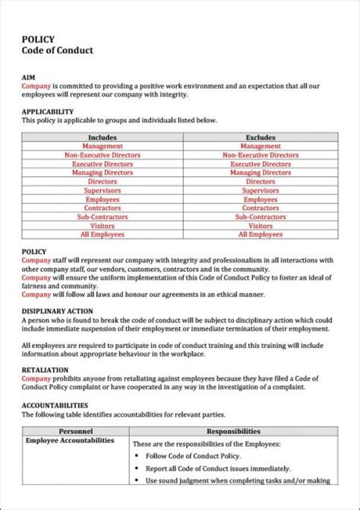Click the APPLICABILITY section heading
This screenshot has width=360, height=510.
point(47,112)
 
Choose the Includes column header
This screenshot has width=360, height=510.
point(102,137)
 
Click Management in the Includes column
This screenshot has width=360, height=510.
point(102,146)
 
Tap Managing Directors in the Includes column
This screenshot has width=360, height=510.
point(102,173)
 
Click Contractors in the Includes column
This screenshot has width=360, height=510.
point(102,208)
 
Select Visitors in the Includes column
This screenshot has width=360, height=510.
point(102,226)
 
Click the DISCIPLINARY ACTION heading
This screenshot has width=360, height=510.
point(57,311)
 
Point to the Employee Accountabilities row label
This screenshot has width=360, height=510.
point(70,440)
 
